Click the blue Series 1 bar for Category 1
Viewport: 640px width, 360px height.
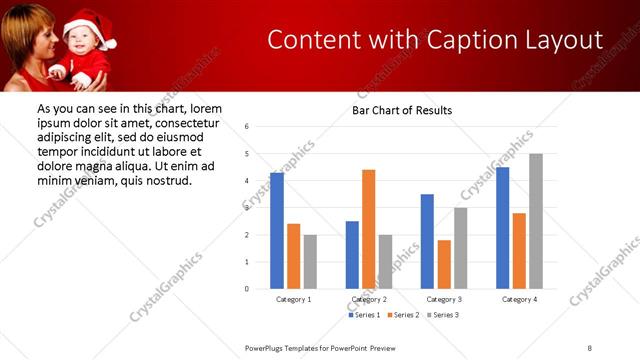point(277,231)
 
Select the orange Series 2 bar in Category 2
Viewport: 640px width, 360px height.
point(369,229)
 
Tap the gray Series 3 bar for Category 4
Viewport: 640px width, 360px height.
point(536,221)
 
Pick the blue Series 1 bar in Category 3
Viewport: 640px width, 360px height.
point(428,241)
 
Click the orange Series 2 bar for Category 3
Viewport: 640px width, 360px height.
point(444,264)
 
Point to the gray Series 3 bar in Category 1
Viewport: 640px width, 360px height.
point(310,262)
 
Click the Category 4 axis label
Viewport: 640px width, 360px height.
point(519,299)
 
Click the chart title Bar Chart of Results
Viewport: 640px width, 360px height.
point(402,110)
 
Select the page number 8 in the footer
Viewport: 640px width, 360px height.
point(590,347)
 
